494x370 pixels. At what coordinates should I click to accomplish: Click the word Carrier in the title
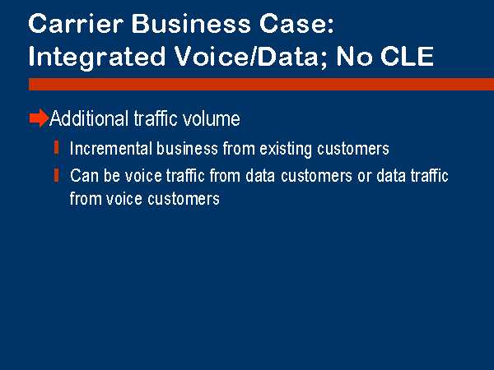click(76, 24)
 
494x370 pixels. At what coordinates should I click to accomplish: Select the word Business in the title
click(191, 24)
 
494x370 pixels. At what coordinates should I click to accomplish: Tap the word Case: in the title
click(296, 24)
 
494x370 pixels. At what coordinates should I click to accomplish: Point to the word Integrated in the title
click(96, 58)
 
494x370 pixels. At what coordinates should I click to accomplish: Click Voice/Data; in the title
click(251, 57)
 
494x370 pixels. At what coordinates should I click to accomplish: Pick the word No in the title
click(354, 56)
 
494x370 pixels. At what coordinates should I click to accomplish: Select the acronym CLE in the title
click(407, 56)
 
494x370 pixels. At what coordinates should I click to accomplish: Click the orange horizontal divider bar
click(261, 85)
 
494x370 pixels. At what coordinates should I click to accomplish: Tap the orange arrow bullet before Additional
click(39, 118)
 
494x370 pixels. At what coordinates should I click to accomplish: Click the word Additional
click(90, 118)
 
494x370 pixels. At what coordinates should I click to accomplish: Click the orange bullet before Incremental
click(56, 147)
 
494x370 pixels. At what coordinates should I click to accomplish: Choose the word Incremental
click(111, 149)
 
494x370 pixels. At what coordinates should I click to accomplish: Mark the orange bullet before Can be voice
click(56, 175)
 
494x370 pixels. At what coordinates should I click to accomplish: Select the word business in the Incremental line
click(187, 149)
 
